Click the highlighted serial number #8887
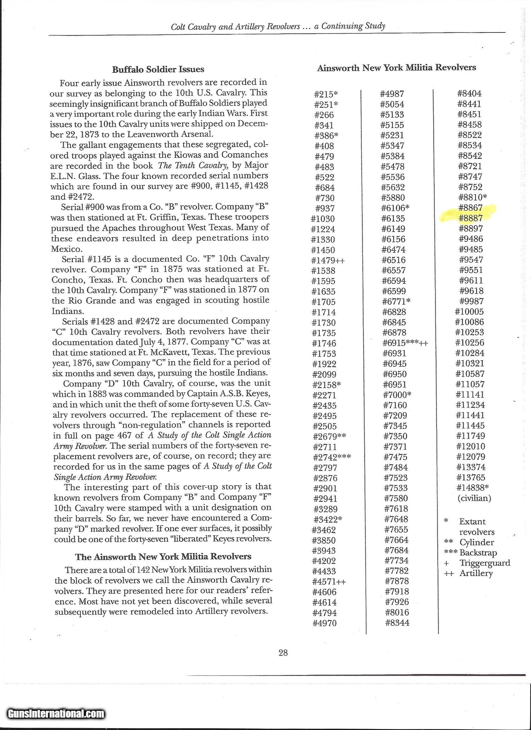[x=471, y=218]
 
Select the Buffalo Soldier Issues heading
[x=158, y=69]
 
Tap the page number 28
[x=283, y=653]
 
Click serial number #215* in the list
[x=326, y=94]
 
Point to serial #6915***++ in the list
[x=405, y=343]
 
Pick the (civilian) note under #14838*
[x=474, y=498]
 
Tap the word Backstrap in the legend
[x=478, y=552]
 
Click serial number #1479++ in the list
[x=328, y=260]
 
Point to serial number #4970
[x=325, y=623]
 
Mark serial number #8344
[x=397, y=623]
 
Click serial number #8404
[x=469, y=94]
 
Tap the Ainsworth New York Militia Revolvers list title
[x=396, y=67]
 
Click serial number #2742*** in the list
[x=332, y=457]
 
